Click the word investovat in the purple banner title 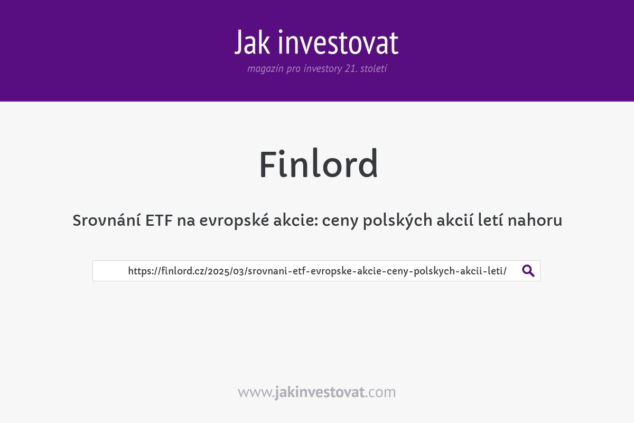point(338,43)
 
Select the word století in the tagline point(374,69)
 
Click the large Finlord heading point(318,164)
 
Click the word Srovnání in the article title point(106,220)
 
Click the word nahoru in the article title point(535,220)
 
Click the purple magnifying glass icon point(528,271)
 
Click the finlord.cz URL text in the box point(317,271)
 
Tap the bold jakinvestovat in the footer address point(320,392)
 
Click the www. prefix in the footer point(256,392)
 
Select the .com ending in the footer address point(380,392)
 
